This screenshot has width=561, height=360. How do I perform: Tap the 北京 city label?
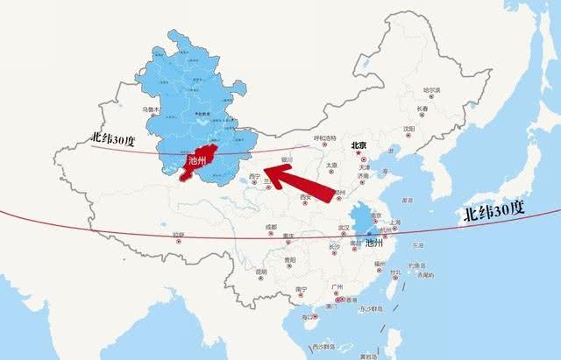(x=357, y=147)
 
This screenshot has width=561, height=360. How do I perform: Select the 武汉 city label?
(x=344, y=228)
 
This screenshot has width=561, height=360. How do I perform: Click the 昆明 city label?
(x=261, y=272)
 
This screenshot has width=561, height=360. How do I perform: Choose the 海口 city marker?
(x=307, y=316)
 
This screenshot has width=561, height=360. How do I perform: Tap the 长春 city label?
(x=423, y=109)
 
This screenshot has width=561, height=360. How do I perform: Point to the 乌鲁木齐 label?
(x=129, y=109)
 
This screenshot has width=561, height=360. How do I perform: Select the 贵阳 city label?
(x=290, y=260)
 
